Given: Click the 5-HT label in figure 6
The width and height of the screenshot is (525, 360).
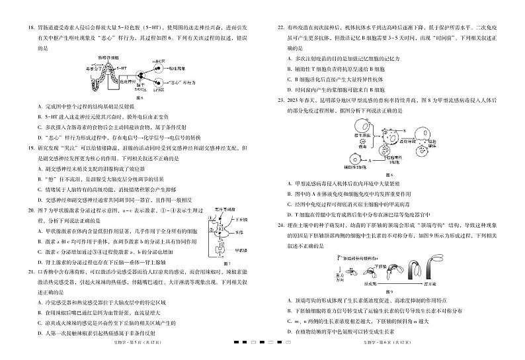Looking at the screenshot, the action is tap(128, 68).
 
